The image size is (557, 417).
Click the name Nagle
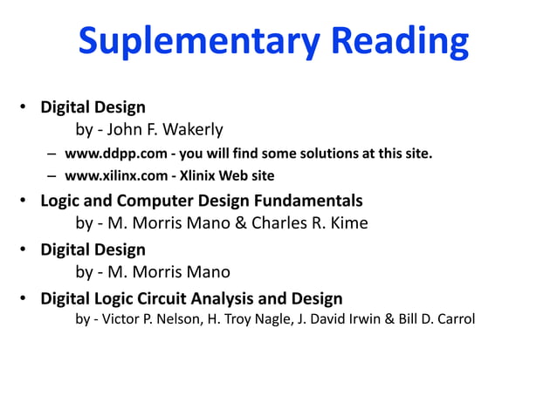[275, 319]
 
